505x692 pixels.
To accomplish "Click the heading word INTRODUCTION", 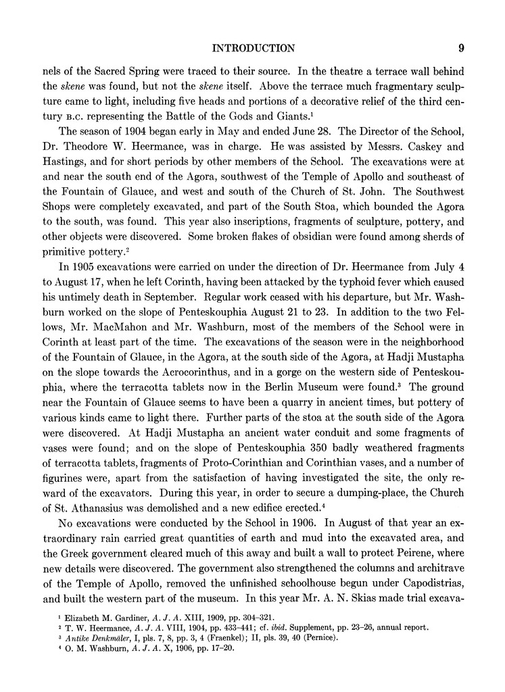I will pos(254,48).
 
